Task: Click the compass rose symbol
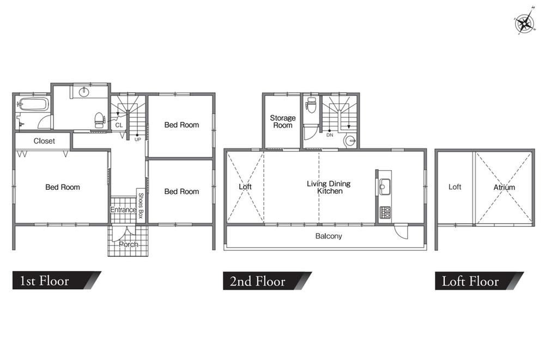(x=524, y=22)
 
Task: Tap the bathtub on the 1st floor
(x=33, y=104)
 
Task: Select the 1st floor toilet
(x=99, y=120)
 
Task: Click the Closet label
(x=44, y=141)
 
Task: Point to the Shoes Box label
(x=141, y=205)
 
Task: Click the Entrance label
(x=123, y=210)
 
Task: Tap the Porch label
(x=128, y=244)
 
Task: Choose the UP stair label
(x=138, y=140)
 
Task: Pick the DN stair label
(x=330, y=135)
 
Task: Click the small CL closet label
(x=119, y=125)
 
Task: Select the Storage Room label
(x=282, y=122)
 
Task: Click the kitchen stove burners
(x=385, y=213)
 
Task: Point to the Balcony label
(x=329, y=236)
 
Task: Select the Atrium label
(x=504, y=187)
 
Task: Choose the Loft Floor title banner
(x=479, y=281)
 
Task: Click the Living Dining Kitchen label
(x=329, y=187)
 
